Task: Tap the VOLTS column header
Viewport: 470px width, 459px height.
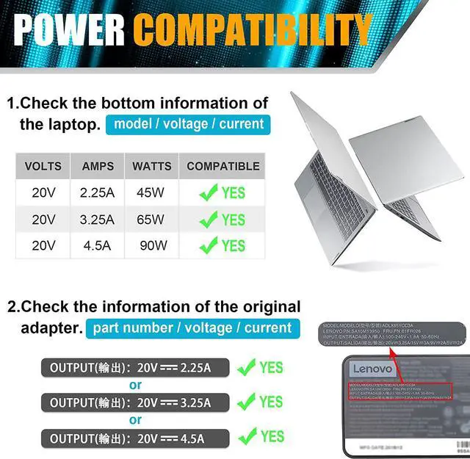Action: (x=43, y=167)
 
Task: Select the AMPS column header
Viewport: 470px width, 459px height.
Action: (x=98, y=167)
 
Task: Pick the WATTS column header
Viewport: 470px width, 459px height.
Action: (x=152, y=167)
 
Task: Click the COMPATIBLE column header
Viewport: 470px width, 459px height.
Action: (x=223, y=167)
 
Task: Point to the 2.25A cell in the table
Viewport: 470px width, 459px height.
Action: (x=98, y=193)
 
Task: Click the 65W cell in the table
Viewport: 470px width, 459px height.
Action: (x=152, y=219)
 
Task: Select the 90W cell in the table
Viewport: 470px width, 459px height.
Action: (x=153, y=245)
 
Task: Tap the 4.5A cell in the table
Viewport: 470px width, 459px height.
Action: (x=98, y=245)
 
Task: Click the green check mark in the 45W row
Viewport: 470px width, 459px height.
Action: (x=209, y=194)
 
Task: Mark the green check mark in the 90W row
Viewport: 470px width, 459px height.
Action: (x=209, y=246)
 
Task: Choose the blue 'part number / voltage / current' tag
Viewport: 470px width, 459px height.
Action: (x=191, y=328)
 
